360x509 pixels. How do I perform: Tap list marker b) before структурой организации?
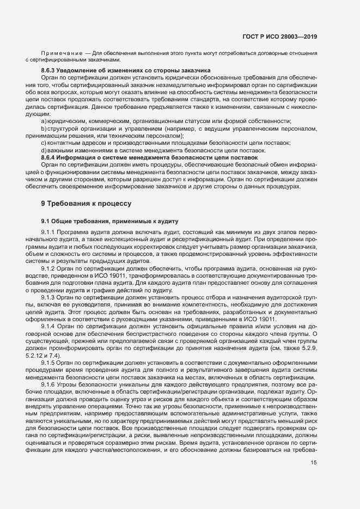tap(44, 128)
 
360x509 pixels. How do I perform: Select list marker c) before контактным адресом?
tap(44, 143)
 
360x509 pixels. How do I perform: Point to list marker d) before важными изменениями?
tap(44, 150)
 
